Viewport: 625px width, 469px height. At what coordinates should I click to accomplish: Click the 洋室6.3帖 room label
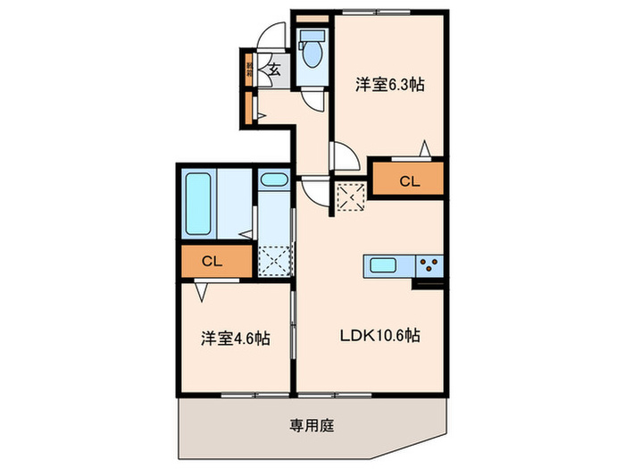[x=389, y=86]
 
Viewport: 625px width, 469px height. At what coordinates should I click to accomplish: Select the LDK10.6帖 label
[x=378, y=336]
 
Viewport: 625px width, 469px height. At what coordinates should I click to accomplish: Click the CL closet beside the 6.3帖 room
[x=408, y=181]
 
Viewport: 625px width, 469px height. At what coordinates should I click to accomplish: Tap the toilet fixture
[x=312, y=53]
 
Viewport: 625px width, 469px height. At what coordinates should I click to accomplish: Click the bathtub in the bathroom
[x=198, y=203]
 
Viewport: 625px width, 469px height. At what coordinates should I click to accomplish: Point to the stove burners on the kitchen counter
[x=429, y=264]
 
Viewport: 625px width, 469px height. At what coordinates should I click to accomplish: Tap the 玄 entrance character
[x=275, y=68]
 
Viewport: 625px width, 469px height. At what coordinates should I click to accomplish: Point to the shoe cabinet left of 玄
[x=248, y=69]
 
